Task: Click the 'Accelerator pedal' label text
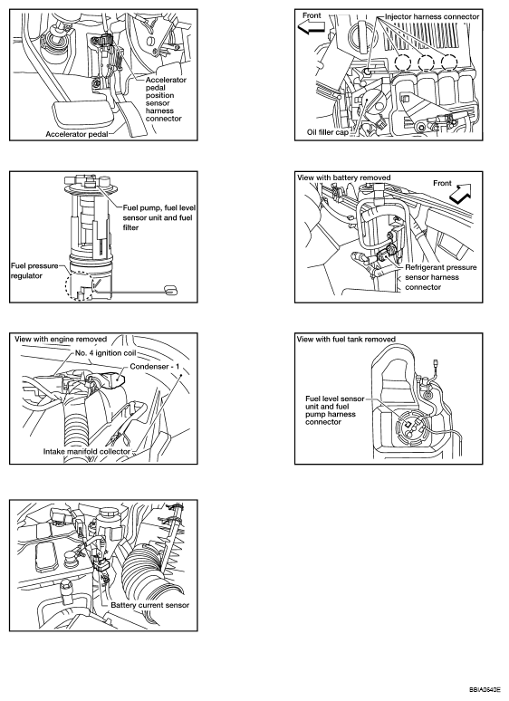77,134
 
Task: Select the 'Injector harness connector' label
432,16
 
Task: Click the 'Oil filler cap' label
328,132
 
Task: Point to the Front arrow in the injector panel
312,28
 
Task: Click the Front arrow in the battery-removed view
461,195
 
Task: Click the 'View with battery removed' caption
343,178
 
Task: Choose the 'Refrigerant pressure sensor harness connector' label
441,277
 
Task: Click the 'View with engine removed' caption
61,339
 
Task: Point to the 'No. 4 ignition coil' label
105,352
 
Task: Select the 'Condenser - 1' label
155,367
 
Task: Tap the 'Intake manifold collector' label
87,451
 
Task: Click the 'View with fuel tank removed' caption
346,339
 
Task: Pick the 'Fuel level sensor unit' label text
335,402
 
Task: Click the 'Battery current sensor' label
150,605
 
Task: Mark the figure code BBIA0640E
485,689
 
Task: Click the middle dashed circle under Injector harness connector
427,62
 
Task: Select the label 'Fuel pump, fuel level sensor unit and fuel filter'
158,217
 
